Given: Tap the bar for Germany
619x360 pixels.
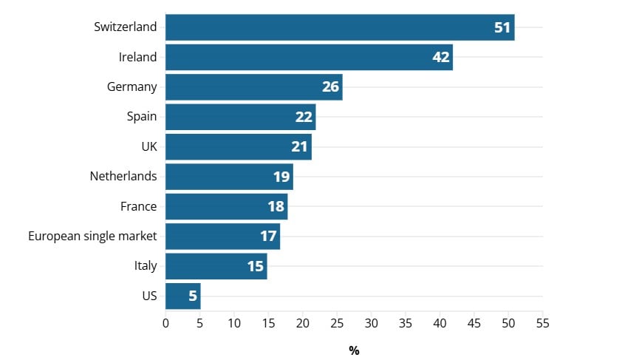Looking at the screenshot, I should (x=244, y=87).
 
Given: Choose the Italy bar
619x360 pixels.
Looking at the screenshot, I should (x=207, y=266).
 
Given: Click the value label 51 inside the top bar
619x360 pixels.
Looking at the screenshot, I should (x=502, y=27).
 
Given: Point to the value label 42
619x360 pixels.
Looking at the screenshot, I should (x=441, y=57).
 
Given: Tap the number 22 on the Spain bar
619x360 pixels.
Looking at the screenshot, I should (x=304, y=117).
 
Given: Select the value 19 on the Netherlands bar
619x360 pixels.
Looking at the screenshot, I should (x=282, y=177).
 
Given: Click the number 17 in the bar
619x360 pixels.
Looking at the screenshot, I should (x=268, y=237).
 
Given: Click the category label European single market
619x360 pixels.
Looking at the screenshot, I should (x=92, y=237).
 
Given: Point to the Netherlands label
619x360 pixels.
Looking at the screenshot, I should (x=123, y=177).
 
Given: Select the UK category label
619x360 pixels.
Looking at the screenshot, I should (x=149, y=147).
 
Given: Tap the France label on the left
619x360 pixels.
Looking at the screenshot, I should (x=138, y=206).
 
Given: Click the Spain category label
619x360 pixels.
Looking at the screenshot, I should (x=142, y=117).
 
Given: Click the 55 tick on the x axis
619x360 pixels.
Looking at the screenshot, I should (x=543, y=323).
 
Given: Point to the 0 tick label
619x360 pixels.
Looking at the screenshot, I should (x=165, y=323).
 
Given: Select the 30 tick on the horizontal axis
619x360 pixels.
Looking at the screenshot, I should (x=372, y=323).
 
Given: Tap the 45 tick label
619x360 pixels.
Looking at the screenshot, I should (x=474, y=323).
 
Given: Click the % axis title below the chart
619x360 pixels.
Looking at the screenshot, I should (x=354, y=350).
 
